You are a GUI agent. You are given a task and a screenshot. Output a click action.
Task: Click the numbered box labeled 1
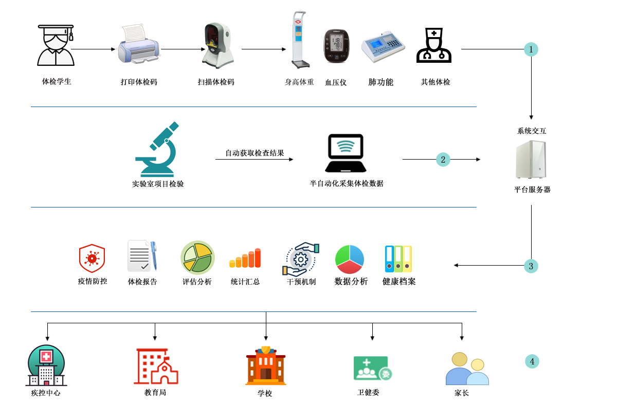click(x=531, y=49)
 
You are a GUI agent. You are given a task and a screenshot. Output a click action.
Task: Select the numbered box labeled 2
click(x=443, y=160)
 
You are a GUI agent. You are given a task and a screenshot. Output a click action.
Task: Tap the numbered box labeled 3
click(x=531, y=266)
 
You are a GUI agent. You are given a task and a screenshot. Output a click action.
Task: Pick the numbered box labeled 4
click(x=532, y=361)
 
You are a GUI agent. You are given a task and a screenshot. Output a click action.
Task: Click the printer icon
click(x=138, y=44)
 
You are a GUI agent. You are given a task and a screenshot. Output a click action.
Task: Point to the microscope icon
click(x=157, y=149)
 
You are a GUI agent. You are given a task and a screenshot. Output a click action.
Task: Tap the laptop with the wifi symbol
click(x=346, y=153)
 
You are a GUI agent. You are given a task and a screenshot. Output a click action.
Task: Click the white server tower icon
click(x=531, y=160)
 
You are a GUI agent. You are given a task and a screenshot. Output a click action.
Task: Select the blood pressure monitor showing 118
click(x=336, y=46)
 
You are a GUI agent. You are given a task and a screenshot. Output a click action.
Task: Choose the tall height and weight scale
click(x=301, y=40)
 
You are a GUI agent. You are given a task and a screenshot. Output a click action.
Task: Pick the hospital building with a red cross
click(x=46, y=365)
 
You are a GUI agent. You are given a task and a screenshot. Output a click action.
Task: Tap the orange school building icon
click(x=266, y=366)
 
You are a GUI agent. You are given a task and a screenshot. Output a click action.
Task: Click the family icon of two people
click(x=467, y=369)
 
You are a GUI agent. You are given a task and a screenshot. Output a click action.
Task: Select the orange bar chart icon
click(x=245, y=258)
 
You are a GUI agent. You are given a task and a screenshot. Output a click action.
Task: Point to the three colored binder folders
click(x=398, y=258)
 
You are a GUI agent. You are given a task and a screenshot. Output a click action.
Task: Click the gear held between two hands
click(x=300, y=259)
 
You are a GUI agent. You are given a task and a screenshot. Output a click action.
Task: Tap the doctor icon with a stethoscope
click(x=434, y=45)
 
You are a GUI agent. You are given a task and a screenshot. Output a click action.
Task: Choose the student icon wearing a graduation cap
click(x=56, y=45)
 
